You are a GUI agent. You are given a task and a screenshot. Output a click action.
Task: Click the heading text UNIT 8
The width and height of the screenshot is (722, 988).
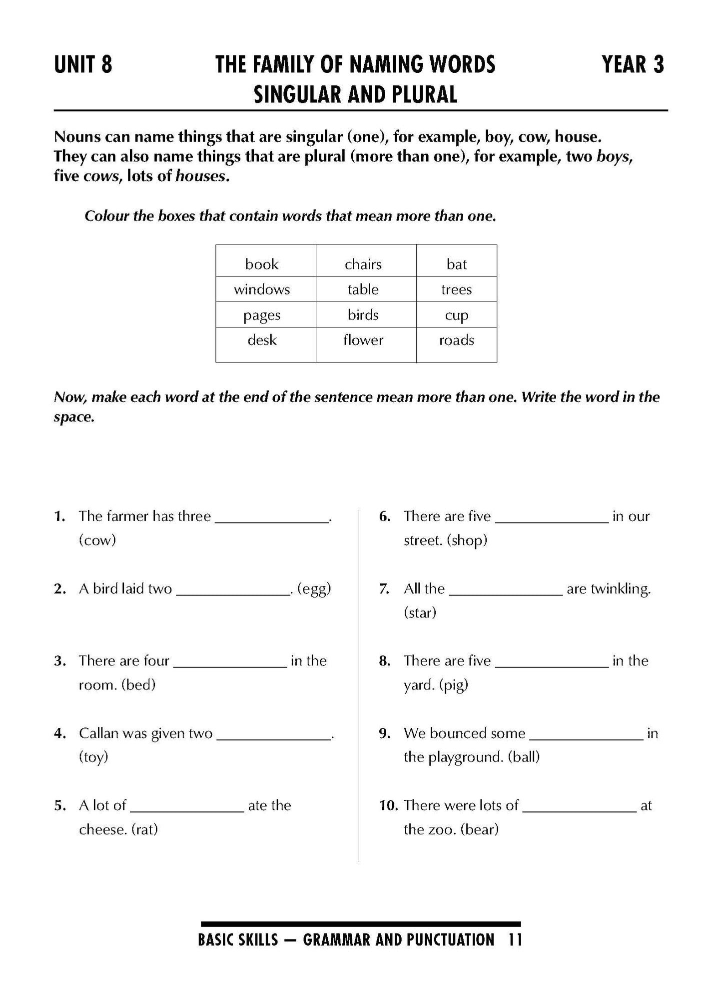83,65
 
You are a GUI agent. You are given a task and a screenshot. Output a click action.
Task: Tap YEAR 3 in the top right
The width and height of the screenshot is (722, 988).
633,65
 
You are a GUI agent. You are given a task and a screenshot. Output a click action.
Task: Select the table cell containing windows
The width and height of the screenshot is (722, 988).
262,289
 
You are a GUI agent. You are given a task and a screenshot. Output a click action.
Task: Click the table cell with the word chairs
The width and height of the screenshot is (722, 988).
363,264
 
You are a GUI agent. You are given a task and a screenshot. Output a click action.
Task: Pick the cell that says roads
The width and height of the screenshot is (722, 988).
456,340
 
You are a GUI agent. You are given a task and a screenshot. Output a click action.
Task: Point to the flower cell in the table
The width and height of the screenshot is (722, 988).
363,340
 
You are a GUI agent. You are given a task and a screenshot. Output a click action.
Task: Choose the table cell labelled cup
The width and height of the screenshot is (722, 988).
456,315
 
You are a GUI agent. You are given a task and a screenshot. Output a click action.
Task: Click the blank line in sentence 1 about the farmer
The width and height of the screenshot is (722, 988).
272,518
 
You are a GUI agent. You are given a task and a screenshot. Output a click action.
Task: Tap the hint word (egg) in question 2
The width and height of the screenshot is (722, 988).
314,589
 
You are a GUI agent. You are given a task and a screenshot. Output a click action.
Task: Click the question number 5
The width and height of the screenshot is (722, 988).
60,805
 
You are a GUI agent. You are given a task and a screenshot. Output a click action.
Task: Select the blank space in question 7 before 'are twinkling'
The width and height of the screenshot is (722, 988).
506,590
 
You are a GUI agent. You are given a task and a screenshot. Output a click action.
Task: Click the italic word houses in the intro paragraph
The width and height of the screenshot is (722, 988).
200,176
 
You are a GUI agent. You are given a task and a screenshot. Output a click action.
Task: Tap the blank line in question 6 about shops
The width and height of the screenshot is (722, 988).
552,518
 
